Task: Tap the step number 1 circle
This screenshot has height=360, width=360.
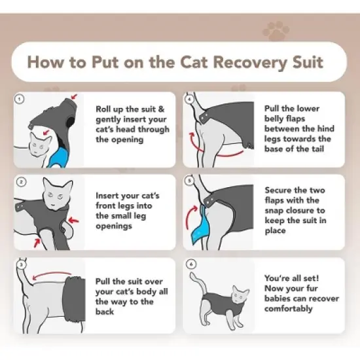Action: [x=20, y=99]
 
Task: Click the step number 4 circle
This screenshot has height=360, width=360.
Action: [x=189, y=99]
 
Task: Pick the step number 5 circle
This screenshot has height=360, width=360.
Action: [x=189, y=181]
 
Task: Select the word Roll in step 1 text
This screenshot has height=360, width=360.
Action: [x=107, y=109]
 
